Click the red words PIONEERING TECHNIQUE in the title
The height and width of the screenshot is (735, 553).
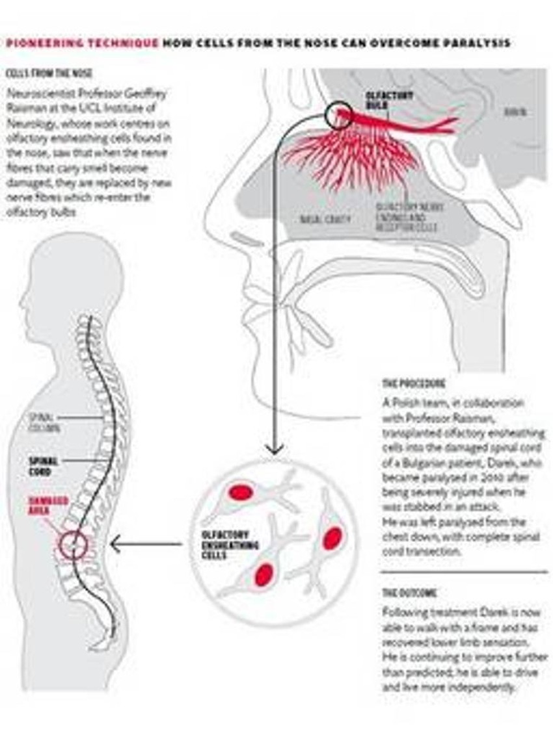pyautogui.click(x=82, y=44)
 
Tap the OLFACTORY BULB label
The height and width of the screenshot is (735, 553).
pyautogui.click(x=380, y=100)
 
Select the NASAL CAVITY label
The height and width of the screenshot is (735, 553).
pyautogui.click(x=325, y=220)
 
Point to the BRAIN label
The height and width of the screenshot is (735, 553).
pyautogui.click(x=515, y=112)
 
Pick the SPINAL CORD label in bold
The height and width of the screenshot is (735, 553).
pyautogui.click(x=44, y=466)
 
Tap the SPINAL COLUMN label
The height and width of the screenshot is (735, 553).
pyautogui.click(x=44, y=422)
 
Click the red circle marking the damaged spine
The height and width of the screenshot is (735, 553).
pyautogui.click(x=74, y=543)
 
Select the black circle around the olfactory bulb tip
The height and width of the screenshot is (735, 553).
pyautogui.click(x=338, y=117)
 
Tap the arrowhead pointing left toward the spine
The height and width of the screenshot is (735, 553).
pyautogui.click(x=115, y=544)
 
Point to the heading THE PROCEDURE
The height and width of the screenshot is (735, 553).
pyautogui.click(x=414, y=384)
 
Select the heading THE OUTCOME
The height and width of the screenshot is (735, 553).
pyautogui.click(x=409, y=593)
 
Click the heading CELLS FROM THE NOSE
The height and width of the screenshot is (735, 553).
pyautogui.click(x=48, y=73)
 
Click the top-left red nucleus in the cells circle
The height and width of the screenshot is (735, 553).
pyautogui.click(x=241, y=493)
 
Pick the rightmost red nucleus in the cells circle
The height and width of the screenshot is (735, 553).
pyautogui.click(x=332, y=538)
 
